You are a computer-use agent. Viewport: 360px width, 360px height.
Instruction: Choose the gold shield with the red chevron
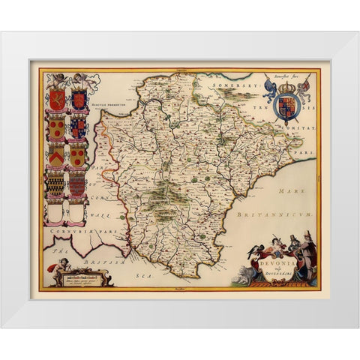58,156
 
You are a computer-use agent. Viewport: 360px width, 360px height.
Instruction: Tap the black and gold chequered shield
57,185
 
